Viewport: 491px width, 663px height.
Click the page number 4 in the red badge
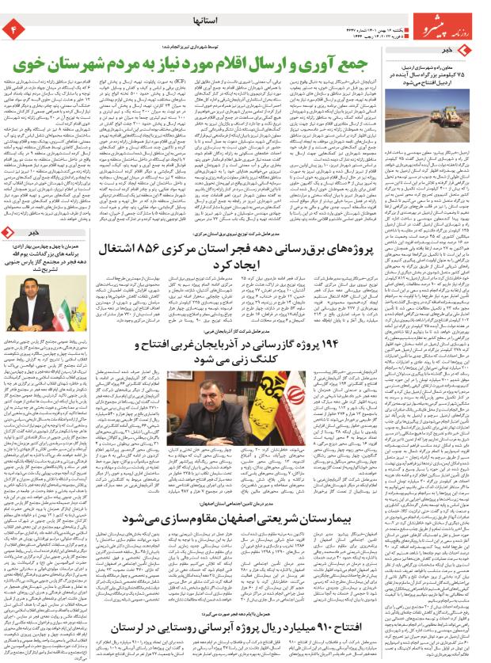pyautogui.click(x=13, y=29)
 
